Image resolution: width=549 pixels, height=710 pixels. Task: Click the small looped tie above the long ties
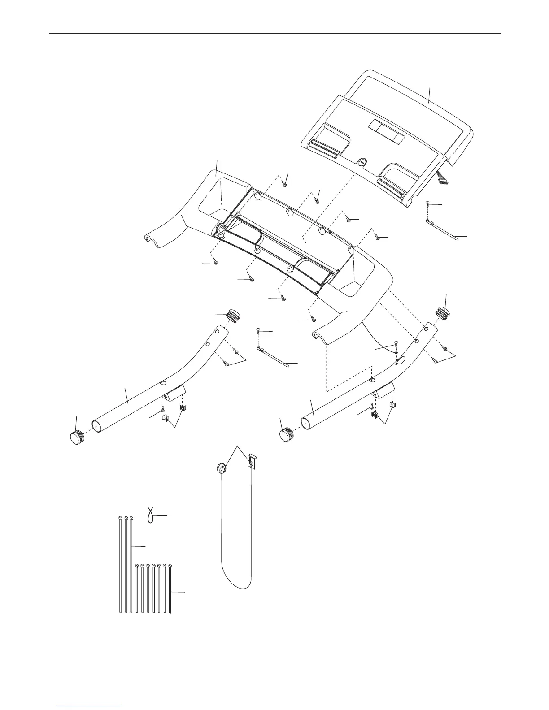pos(152,516)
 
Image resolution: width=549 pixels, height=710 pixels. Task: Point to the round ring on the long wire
pos(221,468)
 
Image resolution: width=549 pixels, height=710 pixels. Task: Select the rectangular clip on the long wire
pos(252,460)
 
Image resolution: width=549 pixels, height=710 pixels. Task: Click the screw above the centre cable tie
pos(258,332)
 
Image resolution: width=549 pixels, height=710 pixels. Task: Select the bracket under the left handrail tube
pos(173,392)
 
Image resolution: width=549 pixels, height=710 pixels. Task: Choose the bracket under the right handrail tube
pos(383,390)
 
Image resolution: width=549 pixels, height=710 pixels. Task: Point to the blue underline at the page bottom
pos(89,707)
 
